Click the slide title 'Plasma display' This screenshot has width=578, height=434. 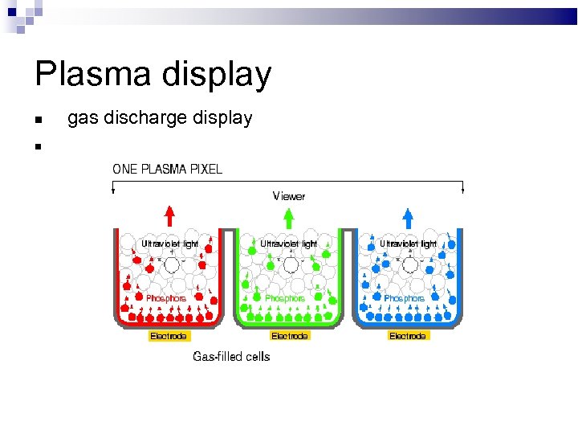click(x=153, y=75)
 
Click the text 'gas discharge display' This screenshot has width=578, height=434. click(x=160, y=118)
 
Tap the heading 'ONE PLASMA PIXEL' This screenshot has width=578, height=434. click(x=168, y=169)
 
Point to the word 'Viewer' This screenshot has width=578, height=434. click(x=289, y=195)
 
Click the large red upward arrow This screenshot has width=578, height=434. click(x=169, y=216)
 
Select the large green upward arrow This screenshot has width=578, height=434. click(x=288, y=216)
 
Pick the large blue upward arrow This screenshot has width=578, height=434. click(x=408, y=216)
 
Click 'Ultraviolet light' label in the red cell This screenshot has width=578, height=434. click(x=170, y=243)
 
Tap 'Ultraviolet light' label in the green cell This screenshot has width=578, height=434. click(x=289, y=243)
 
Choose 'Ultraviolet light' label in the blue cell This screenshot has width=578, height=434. click(x=408, y=243)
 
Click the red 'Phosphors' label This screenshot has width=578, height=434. click(x=166, y=298)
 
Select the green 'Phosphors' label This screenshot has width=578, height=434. click(x=285, y=298)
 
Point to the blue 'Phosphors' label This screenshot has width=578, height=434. click(x=404, y=298)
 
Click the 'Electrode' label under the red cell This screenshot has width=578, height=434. click(x=169, y=336)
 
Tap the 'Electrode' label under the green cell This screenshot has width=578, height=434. click(x=289, y=336)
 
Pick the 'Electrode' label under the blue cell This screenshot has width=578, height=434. click(x=408, y=336)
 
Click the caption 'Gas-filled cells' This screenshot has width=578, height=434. click(x=231, y=356)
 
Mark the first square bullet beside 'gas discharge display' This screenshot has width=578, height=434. click(x=38, y=121)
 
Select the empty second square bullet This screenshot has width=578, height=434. click(x=38, y=146)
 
